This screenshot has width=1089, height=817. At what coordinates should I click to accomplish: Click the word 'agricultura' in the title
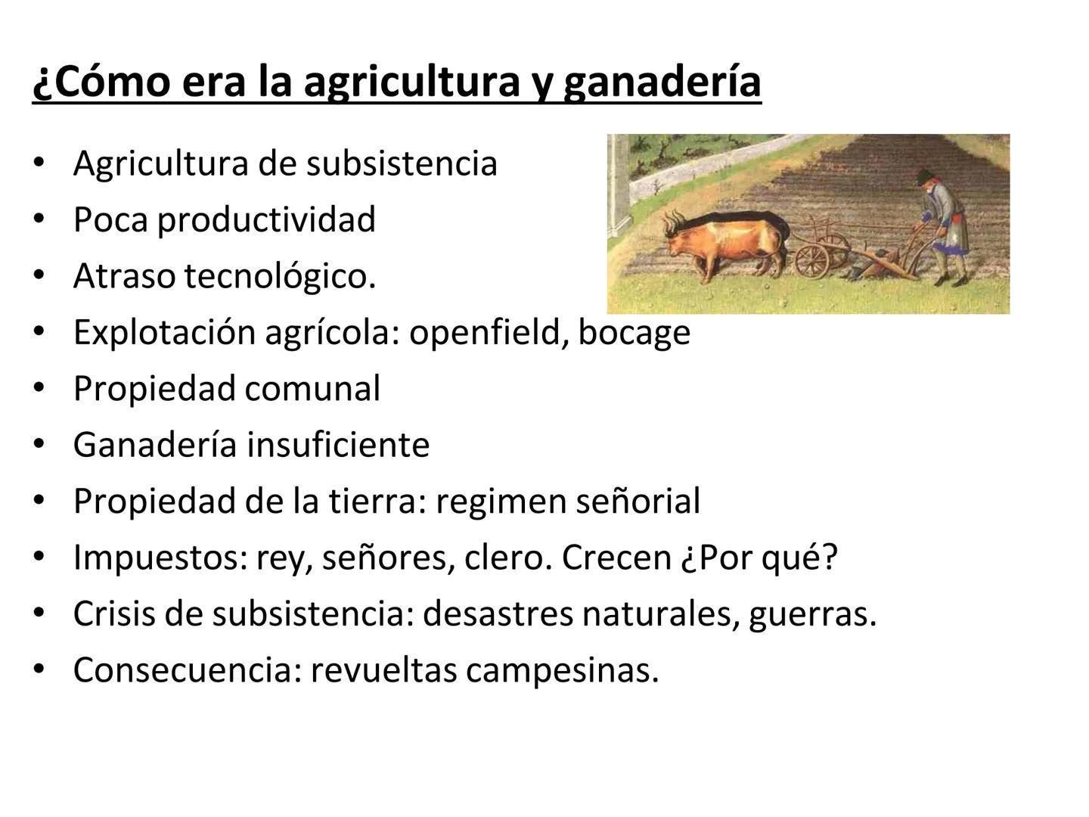coord(411,82)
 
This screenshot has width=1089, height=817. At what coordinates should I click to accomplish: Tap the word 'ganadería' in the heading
coord(662,82)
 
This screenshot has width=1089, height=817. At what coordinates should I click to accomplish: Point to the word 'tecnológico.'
coord(280,276)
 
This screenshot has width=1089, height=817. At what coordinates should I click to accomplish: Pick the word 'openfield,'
coord(489,332)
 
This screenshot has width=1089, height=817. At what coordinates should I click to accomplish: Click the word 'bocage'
coord(634,332)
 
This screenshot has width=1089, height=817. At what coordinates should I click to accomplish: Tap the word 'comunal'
coord(312,389)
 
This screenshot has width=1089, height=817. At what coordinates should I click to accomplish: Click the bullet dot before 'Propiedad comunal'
coord(39,389)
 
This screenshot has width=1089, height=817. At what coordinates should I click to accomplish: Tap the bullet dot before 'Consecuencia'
coord(39,670)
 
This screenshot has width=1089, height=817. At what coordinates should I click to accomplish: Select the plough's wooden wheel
coord(812,261)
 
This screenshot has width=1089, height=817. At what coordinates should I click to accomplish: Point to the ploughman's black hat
coord(923,177)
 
